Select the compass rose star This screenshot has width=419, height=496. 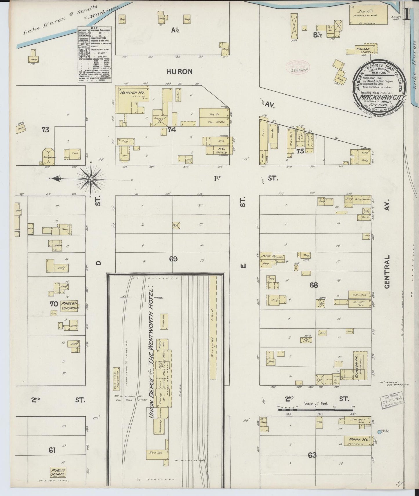[91, 180]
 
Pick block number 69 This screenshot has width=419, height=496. [173, 259]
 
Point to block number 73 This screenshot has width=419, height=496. [45, 130]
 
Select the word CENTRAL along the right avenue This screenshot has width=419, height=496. [387, 272]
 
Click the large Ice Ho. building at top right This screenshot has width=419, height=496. [368, 15]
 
